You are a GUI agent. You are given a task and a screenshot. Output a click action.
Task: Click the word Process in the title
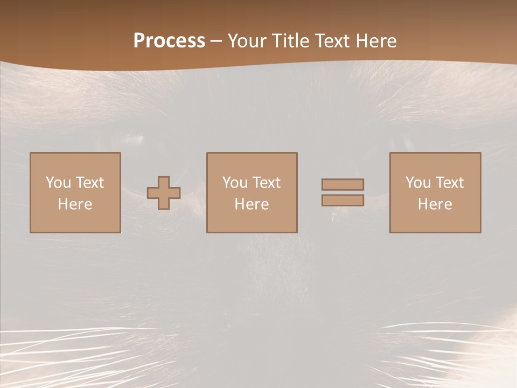point(169,41)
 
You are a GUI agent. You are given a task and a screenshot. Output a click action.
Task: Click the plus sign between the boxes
point(164,193)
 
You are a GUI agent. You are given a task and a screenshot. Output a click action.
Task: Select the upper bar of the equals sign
point(343,184)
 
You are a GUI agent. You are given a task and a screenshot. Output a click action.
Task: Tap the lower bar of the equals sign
point(343,200)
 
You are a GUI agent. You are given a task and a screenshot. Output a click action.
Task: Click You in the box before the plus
point(58,183)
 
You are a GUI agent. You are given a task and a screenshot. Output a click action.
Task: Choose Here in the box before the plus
point(75,204)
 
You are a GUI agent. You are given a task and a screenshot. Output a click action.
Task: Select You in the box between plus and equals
point(235,183)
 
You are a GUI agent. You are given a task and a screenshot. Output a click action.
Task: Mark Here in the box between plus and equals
point(251,204)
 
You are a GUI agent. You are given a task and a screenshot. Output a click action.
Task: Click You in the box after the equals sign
point(418,183)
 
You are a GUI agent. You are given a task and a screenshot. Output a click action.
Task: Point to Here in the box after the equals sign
point(435,204)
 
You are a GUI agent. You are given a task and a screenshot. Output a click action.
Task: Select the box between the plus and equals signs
point(251,221)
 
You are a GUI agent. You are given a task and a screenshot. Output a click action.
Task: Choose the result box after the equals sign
point(435,221)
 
